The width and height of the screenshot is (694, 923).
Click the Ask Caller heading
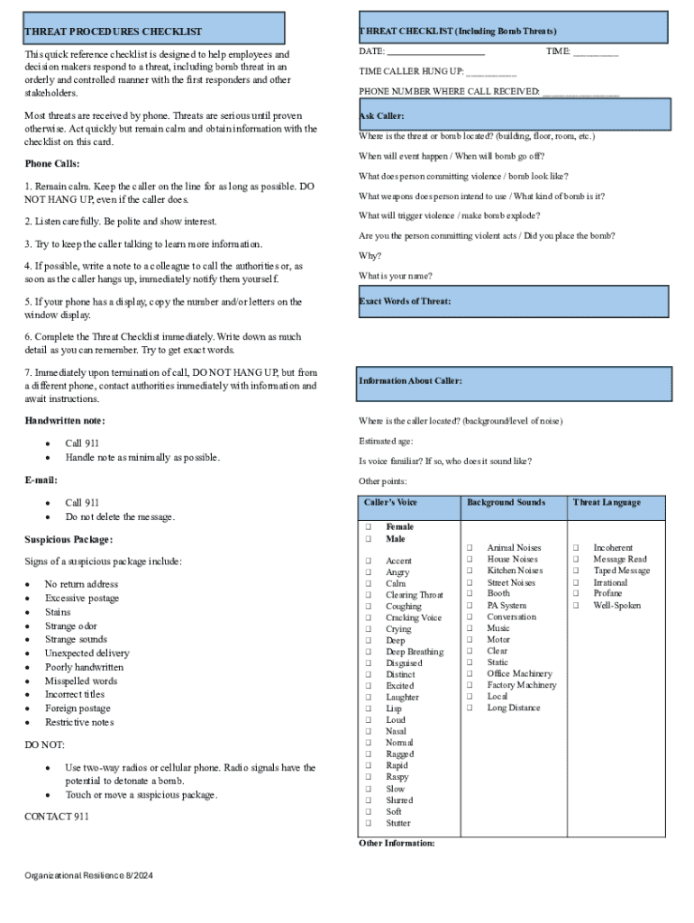381,116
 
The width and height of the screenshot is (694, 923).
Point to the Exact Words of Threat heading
405,300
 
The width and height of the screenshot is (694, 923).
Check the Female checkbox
368,526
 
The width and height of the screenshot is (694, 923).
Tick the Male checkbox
368,539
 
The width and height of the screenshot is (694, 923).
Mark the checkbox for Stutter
368,823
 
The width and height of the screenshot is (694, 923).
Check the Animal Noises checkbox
470,547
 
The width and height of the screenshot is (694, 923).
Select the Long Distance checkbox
470,708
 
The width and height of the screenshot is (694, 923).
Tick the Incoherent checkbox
576,547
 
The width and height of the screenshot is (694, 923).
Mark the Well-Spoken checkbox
576,606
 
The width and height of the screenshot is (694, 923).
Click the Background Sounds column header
506,502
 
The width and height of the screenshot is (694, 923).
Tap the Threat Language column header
607,502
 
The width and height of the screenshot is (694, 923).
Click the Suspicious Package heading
68,539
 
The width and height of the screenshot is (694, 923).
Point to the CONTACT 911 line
57,817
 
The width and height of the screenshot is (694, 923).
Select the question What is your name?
395,276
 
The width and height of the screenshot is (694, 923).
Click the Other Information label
397,843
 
